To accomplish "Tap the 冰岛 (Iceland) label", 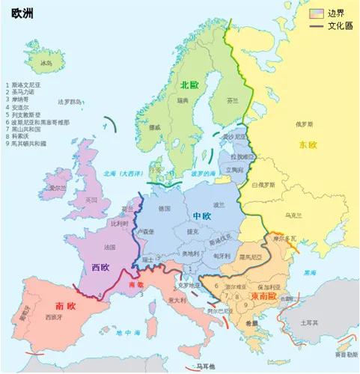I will coord(47,64).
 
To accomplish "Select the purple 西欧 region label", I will coord(101,267).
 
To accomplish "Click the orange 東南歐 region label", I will coord(263,296).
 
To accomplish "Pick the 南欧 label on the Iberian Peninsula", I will coord(65,304).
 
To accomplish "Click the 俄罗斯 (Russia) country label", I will coord(305,124).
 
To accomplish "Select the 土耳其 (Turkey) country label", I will coord(308,323).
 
